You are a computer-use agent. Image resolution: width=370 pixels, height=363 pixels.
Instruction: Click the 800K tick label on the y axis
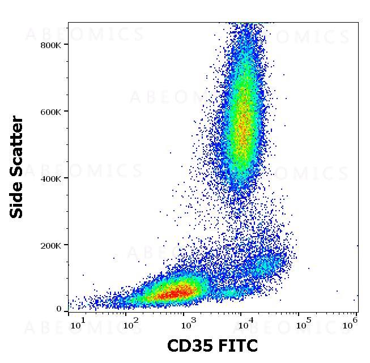click(51, 45)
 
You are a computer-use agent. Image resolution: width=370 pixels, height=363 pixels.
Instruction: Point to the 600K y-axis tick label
click(51, 112)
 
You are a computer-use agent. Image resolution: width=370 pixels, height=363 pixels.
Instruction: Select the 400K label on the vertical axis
click(51, 178)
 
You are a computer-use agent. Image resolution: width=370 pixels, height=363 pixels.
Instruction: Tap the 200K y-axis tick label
click(51, 245)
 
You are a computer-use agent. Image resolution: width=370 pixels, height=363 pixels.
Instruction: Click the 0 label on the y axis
click(58, 309)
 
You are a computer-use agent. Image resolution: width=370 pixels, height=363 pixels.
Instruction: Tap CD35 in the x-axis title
click(189, 345)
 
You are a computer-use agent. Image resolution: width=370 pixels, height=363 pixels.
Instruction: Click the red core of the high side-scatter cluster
click(244, 127)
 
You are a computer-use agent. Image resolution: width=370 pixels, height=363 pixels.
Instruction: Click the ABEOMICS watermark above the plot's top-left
click(85, 35)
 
